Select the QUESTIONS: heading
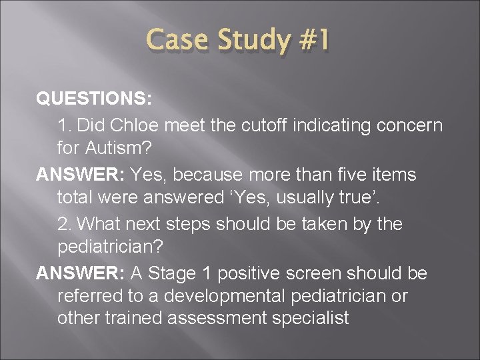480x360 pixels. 94,99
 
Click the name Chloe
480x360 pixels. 139,125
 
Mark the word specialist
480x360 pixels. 310,319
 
